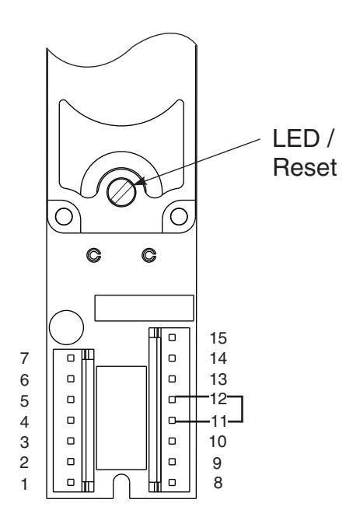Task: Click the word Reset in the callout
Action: pyautogui.click(x=305, y=167)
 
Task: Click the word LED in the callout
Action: pyautogui.click(x=296, y=138)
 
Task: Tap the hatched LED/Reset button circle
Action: pyautogui.click(x=121, y=192)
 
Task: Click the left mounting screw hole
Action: pyautogui.click(x=64, y=216)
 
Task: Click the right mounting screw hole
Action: pyautogui.click(x=179, y=216)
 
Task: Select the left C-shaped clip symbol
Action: pyautogui.click(x=94, y=255)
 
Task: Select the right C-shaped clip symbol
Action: pyautogui.click(x=149, y=255)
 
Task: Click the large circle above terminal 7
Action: pyautogui.click(x=66, y=327)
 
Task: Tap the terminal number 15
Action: pyautogui.click(x=218, y=338)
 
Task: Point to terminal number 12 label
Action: pyautogui.click(x=218, y=399)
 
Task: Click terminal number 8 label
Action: pyautogui.click(x=218, y=483)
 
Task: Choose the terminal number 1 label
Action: pyautogui.click(x=24, y=484)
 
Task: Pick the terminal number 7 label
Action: pyautogui.click(x=24, y=358)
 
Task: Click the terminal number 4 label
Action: pyautogui.click(x=24, y=421)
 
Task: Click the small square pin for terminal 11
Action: pyautogui.click(x=172, y=420)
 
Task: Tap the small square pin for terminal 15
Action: pyautogui.click(x=172, y=337)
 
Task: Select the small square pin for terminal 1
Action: pyautogui.click(x=71, y=482)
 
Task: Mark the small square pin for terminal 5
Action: pyautogui.click(x=71, y=400)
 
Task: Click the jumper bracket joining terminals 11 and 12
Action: pyautogui.click(x=242, y=409)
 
